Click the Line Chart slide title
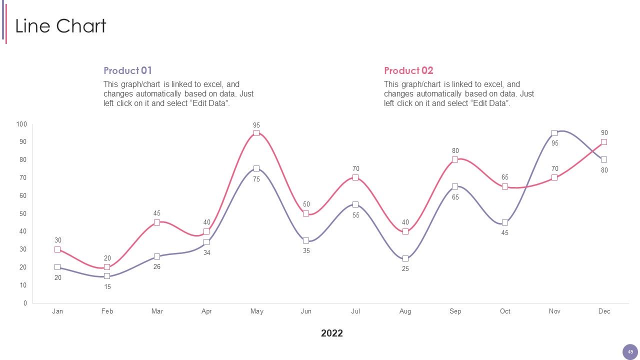click(60, 26)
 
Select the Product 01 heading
click(127, 70)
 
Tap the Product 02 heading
click(408, 70)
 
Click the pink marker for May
click(256, 133)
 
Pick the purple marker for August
click(405, 258)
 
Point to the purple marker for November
click(554, 133)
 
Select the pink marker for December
click(603, 142)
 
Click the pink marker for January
click(57, 249)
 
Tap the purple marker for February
click(107, 276)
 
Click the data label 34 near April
click(206, 252)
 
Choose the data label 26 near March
click(157, 266)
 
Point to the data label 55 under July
click(355, 215)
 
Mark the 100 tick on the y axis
click(21, 124)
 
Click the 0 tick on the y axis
click(25, 303)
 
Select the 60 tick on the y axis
click(23, 195)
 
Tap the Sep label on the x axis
click(455, 311)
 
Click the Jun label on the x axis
click(306, 311)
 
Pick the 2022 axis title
click(331, 333)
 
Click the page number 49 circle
click(630, 352)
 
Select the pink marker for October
click(505, 186)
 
